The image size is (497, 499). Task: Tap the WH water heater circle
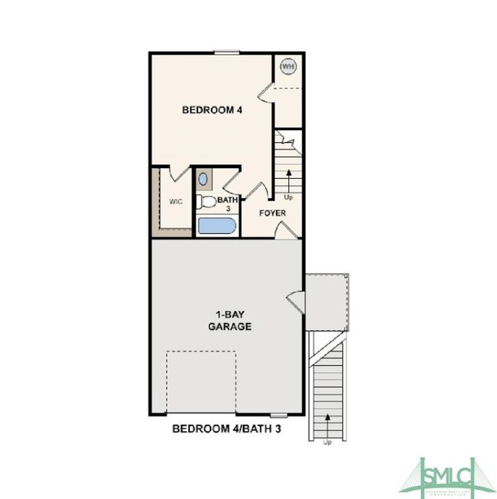click(287, 66)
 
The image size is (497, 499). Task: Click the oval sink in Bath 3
click(203, 180)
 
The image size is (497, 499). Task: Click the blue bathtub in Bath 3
click(216, 226)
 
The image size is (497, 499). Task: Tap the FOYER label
click(273, 213)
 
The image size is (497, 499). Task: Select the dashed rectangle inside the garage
click(200, 382)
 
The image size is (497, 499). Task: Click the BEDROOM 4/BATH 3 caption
click(227, 429)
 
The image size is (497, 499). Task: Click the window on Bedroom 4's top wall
click(226, 53)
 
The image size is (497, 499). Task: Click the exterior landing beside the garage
click(327, 301)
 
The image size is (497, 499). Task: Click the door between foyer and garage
click(282, 230)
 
